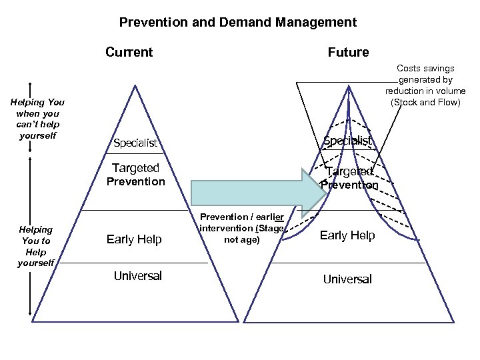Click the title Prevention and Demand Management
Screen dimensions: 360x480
[x=238, y=22]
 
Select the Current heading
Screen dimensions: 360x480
[x=129, y=52]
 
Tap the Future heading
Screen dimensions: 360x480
[x=348, y=52]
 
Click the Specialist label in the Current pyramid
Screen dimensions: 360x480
[x=135, y=143]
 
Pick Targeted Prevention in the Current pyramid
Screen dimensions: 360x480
[x=135, y=175]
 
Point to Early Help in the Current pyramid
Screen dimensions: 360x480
[x=134, y=239]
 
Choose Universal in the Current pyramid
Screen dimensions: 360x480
[x=138, y=275]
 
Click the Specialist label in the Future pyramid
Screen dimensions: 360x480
[x=347, y=140]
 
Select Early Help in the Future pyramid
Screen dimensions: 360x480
[x=347, y=235]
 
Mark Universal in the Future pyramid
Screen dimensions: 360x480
[x=347, y=279]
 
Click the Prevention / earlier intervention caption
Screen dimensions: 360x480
[x=242, y=228]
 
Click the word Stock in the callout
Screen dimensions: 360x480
[x=405, y=102]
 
